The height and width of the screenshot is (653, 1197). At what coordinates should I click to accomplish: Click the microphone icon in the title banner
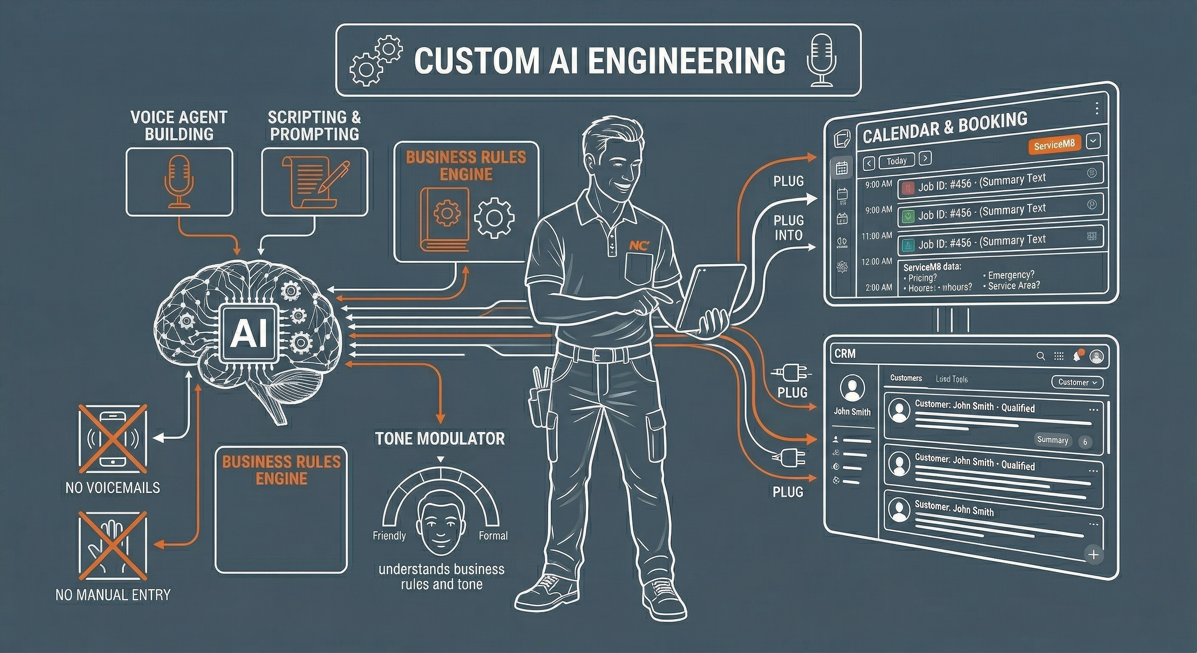[x=822, y=60]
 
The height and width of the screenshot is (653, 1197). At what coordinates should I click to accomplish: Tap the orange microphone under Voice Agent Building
[x=179, y=182]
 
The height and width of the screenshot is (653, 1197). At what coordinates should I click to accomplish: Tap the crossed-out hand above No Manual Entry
[x=113, y=546]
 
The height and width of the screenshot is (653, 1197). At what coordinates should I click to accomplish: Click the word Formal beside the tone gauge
[x=493, y=536]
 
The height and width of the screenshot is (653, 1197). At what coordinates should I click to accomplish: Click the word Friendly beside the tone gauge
[x=389, y=536]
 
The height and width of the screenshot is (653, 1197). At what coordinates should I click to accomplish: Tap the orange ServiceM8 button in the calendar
[x=1054, y=145]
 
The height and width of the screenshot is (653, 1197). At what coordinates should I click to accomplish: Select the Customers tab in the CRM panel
[x=905, y=378]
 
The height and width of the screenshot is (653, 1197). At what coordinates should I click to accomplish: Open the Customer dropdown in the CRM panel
[x=1077, y=382]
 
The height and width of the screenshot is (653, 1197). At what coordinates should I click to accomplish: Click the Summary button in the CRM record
[x=1052, y=440]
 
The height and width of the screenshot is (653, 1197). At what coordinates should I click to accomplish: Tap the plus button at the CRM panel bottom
[x=1093, y=555]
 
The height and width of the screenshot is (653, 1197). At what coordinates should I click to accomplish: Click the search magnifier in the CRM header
[x=1040, y=356]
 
